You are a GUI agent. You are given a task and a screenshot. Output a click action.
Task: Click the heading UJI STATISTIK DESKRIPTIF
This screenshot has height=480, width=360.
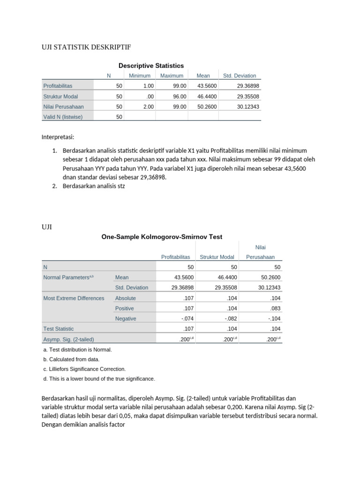click(86, 47)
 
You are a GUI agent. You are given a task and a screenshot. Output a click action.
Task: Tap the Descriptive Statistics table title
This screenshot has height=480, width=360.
click(151, 66)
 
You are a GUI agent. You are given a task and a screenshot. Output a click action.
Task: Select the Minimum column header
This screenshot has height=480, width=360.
click(140, 75)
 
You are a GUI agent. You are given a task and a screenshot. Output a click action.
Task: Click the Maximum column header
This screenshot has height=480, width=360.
click(172, 75)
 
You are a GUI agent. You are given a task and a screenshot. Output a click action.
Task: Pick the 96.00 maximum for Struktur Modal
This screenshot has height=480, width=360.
click(180, 96)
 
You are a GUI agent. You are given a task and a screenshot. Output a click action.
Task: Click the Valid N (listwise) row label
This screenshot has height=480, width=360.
click(63, 117)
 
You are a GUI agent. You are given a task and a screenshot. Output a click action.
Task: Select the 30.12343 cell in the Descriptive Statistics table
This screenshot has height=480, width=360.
click(247, 106)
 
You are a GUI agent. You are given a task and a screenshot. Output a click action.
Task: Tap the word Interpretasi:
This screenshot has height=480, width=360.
click(58, 137)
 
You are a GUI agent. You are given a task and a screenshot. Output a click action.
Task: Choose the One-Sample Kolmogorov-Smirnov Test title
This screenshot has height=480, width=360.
click(162, 237)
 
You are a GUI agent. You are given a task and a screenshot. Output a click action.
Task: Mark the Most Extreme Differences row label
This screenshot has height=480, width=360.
click(74, 298)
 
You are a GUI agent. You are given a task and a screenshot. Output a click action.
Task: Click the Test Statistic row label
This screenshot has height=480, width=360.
click(59, 329)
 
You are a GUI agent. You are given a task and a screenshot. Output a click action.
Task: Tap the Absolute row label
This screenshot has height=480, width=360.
click(125, 298)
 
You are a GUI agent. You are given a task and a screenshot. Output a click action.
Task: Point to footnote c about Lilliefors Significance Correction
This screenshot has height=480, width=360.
click(84, 369)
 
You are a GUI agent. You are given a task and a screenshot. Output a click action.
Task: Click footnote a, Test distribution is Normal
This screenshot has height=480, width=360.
click(77, 350)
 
